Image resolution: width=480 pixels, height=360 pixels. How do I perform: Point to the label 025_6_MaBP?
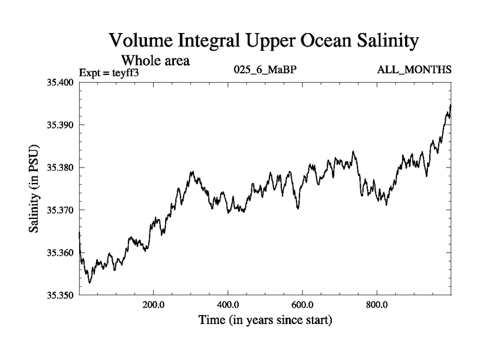pos(265,70)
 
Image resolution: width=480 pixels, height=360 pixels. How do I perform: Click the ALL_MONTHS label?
pos(414,70)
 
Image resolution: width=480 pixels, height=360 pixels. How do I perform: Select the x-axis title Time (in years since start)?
pos(265,321)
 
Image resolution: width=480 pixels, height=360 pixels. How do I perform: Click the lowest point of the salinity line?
pos(89,283)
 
